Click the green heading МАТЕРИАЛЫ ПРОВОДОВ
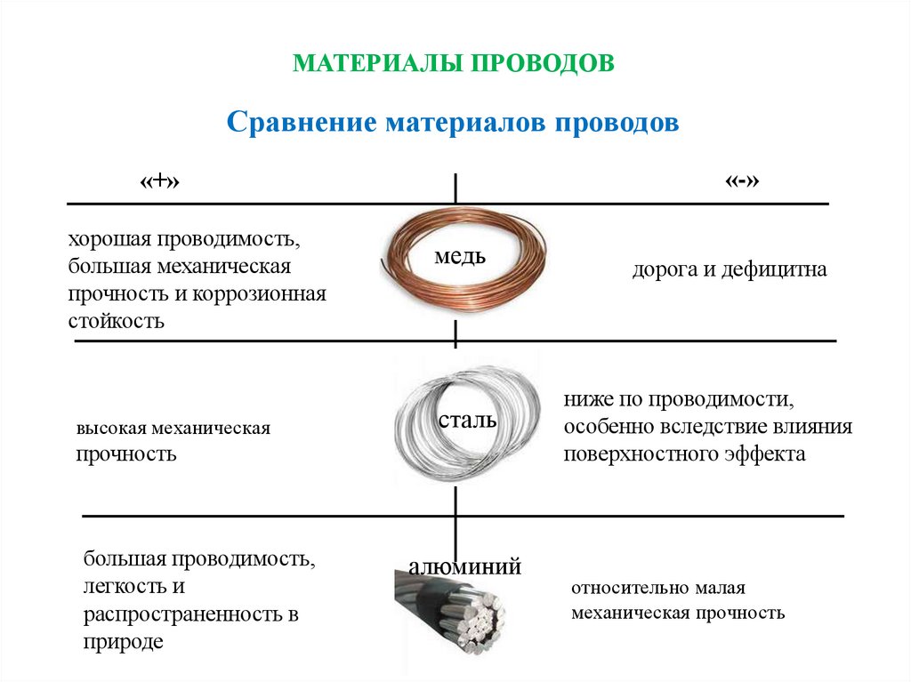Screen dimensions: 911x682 point(455,63)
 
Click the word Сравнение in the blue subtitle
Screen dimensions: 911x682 point(301,122)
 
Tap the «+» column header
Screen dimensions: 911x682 point(165,181)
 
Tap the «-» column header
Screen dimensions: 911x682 point(742,181)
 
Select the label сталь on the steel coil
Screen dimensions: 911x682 point(466,419)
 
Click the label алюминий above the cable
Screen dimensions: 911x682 point(464,567)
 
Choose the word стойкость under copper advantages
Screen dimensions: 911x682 point(117,320)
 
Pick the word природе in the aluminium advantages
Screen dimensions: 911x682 point(124,641)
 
